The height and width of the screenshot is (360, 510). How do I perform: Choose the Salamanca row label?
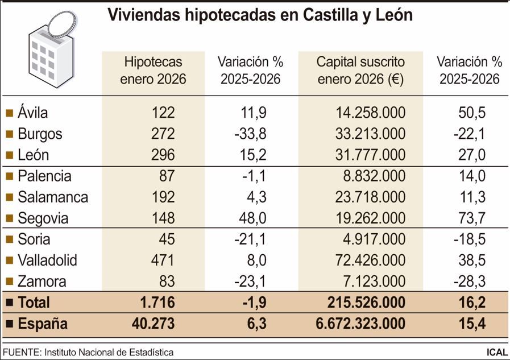(x=53, y=197)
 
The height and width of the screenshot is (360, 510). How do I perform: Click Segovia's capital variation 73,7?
(x=471, y=218)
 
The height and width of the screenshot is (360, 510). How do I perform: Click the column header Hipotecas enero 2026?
(x=154, y=70)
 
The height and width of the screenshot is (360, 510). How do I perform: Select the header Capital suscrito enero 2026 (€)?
(x=360, y=70)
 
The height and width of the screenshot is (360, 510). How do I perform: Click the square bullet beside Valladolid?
(x=9, y=261)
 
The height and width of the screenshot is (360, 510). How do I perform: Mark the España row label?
(x=43, y=324)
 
